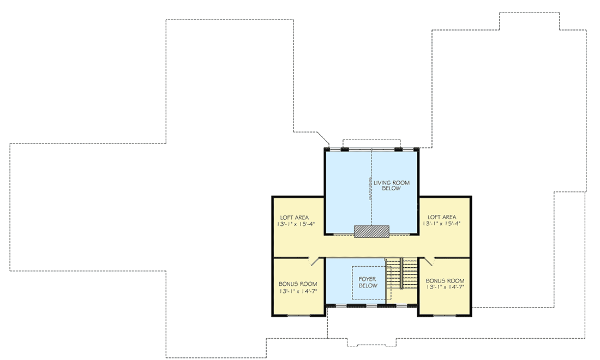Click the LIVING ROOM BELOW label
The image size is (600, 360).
(x=391, y=185)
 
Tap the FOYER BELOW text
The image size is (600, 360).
(x=368, y=282)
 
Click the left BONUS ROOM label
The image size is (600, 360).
(x=298, y=284)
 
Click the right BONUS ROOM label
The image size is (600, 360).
(x=445, y=280)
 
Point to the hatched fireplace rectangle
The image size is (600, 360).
(x=371, y=231)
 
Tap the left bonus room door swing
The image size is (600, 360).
(x=315, y=262)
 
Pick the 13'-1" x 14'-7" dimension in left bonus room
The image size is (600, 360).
(x=298, y=291)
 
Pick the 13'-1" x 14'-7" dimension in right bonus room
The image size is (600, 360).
(x=445, y=287)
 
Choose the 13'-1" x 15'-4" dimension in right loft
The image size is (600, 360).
(x=441, y=224)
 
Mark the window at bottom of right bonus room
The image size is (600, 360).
(x=445, y=315)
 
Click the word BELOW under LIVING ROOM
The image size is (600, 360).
(x=392, y=189)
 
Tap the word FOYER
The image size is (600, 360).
(x=368, y=279)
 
